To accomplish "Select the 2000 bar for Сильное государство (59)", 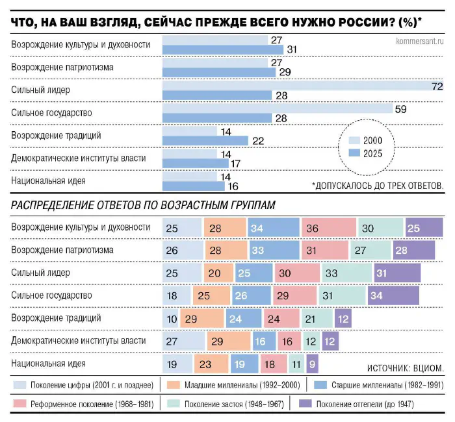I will click(x=276, y=108).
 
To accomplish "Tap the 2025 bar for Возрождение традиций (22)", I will click(x=205, y=140).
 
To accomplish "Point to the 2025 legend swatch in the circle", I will click(x=354, y=154).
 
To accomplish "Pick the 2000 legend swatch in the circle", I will click(x=354, y=141).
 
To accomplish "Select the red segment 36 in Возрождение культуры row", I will click(x=329, y=228).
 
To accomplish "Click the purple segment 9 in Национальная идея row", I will click(x=313, y=364).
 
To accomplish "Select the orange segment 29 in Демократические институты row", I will click(x=228, y=341).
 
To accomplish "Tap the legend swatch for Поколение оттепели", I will click(x=303, y=404).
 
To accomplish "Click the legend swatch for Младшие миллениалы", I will click(x=173, y=385).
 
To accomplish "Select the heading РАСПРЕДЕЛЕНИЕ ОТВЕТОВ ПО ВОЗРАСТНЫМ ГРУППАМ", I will click(x=143, y=206).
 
